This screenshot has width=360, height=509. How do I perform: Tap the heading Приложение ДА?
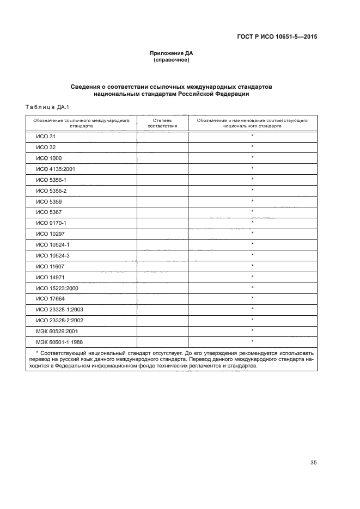click(x=172, y=53)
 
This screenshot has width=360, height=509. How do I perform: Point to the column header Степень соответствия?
click(x=162, y=122)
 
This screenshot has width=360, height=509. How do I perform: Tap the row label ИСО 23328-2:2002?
click(x=59, y=320)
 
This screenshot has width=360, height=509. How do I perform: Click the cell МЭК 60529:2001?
click(x=58, y=330)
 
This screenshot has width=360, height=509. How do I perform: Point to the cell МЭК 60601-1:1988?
click(x=59, y=341)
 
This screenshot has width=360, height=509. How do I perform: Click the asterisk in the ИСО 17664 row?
click(x=253, y=298)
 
